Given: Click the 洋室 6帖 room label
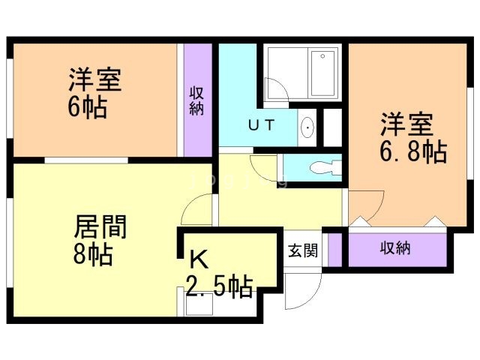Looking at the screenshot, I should (x=95, y=92).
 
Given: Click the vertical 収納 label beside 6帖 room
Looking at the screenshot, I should (x=197, y=101).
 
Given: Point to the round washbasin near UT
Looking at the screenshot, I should (x=307, y=130).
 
